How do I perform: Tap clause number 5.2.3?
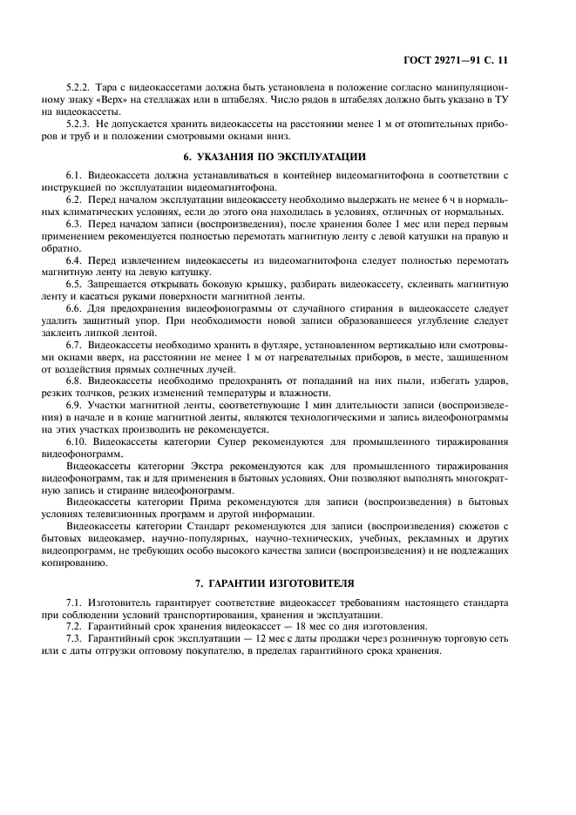79,125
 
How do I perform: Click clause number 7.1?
75,603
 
